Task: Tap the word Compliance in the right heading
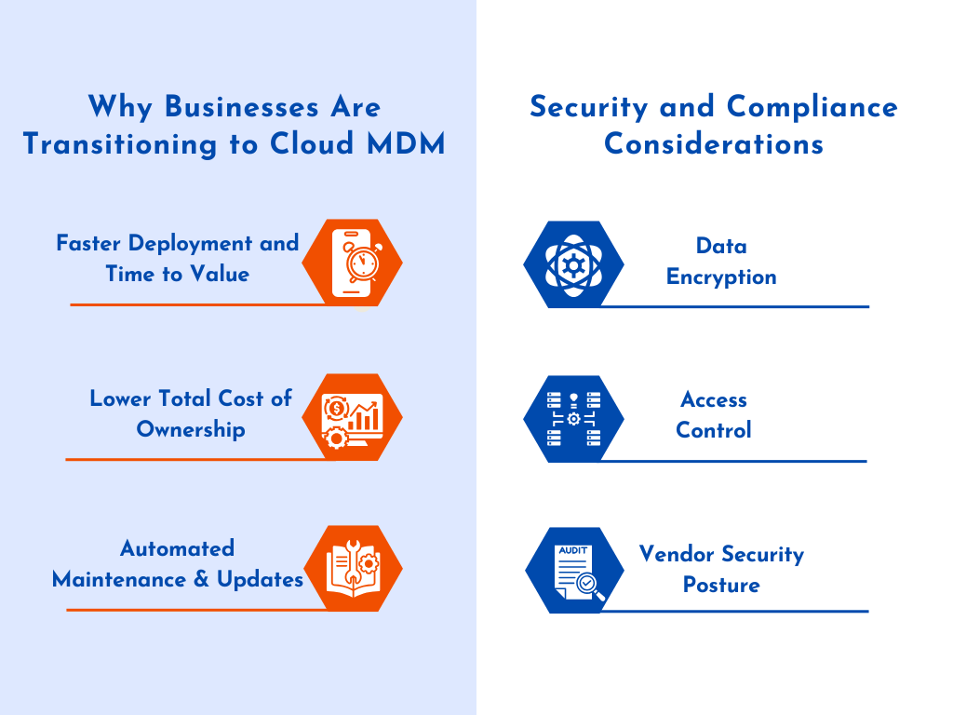(x=812, y=107)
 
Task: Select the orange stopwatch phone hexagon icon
(x=354, y=263)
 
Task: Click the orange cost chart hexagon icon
(x=354, y=417)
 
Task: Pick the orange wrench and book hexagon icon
(x=354, y=569)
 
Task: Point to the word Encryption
(x=721, y=277)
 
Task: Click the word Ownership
(x=191, y=429)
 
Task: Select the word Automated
(x=177, y=548)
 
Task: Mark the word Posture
(x=721, y=586)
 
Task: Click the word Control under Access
(x=714, y=431)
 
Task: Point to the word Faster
(x=89, y=244)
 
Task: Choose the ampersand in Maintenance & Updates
(x=201, y=579)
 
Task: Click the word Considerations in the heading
(x=714, y=144)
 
